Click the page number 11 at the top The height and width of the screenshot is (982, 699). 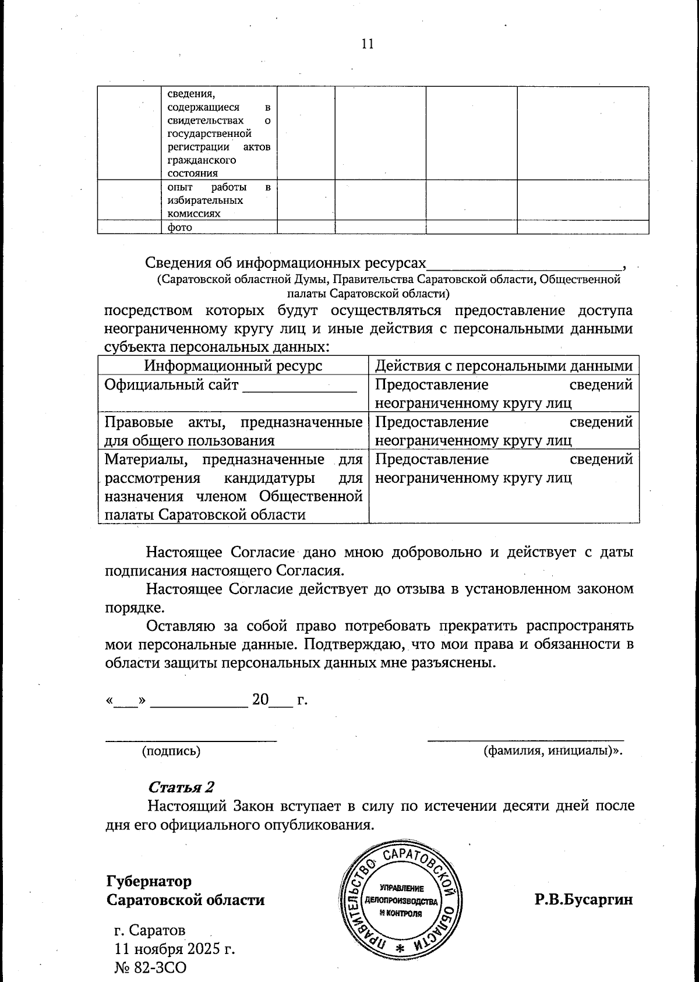tap(367, 44)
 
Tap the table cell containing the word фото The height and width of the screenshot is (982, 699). tap(218, 228)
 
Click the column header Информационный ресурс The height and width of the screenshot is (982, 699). tap(233, 366)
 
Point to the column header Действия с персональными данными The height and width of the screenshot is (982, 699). tap(503, 366)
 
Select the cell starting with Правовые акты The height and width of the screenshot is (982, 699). tap(233, 431)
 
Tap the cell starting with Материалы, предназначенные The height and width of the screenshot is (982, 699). tap(233, 486)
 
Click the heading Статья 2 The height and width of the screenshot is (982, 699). tap(181, 787)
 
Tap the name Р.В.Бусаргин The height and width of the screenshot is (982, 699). tap(584, 899)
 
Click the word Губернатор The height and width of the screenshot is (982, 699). tap(149, 880)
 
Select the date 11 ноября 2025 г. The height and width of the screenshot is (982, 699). tap(175, 949)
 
